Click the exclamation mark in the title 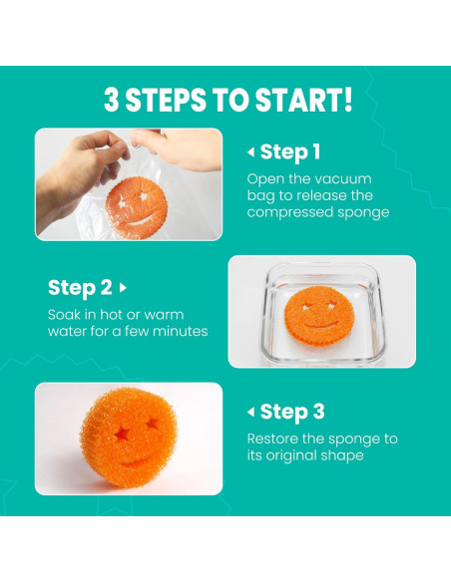(x=347, y=100)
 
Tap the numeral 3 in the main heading (x=111, y=100)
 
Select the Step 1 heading (x=289, y=151)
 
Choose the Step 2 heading (x=80, y=288)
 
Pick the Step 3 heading (x=292, y=412)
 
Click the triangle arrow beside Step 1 (x=251, y=151)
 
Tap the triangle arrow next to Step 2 (x=123, y=288)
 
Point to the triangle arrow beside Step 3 (x=251, y=412)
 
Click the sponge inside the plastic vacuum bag (x=136, y=208)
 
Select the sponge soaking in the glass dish (x=319, y=316)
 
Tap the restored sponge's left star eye (x=121, y=434)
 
